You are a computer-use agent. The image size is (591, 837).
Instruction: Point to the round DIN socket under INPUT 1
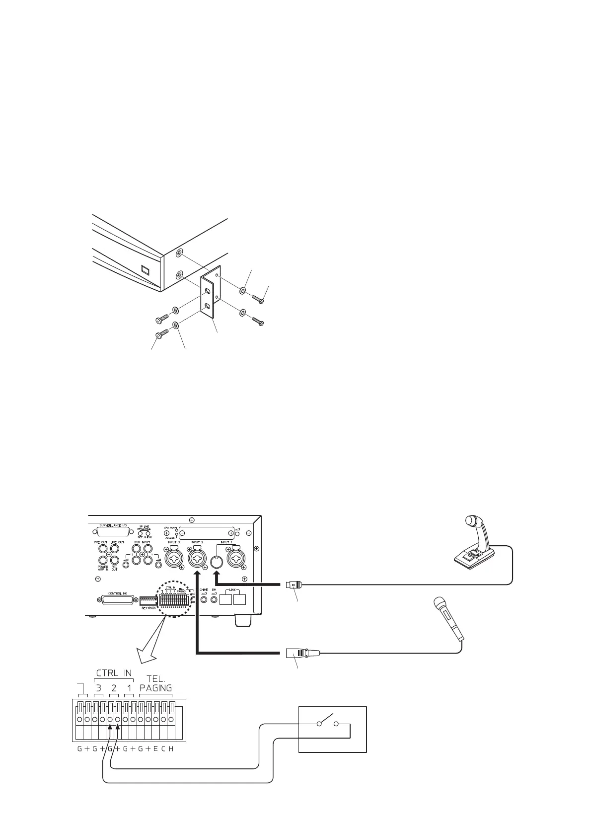216,562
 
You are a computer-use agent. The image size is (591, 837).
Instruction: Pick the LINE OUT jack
114,549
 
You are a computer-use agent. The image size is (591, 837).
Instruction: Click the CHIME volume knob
204,600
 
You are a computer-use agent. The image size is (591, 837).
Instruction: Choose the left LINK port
226,600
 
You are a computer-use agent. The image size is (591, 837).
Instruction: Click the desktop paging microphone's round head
470,520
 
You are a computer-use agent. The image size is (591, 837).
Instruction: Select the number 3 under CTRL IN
99,688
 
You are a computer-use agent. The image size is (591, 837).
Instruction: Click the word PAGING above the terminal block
155,688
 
